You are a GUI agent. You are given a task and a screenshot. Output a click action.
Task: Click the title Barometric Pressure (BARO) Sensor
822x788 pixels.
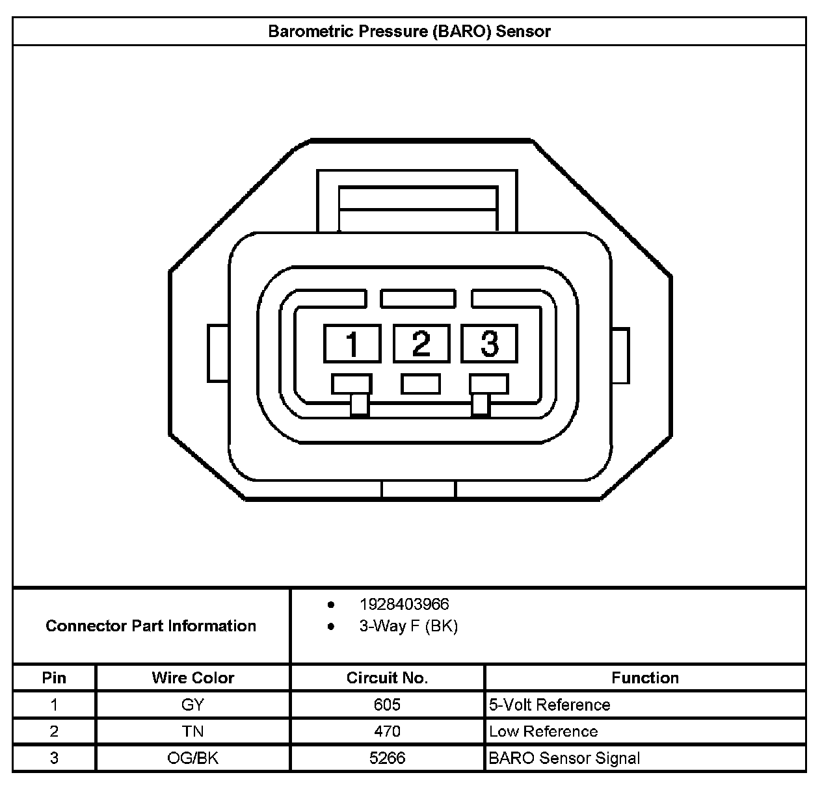(x=409, y=31)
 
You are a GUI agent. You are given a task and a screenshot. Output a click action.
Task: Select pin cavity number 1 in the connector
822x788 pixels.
(x=352, y=343)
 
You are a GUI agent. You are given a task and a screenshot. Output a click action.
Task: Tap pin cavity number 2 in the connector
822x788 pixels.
(x=421, y=343)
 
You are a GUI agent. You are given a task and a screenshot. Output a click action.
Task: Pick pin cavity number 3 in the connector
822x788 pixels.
(x=489, y=343)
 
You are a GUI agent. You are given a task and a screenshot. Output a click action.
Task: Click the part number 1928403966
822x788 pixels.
(x=404, y=604)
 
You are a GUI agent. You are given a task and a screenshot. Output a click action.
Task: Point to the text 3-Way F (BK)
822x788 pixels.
(x=408, y=626)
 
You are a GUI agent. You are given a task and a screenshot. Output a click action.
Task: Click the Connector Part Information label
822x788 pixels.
(x=151, y=626)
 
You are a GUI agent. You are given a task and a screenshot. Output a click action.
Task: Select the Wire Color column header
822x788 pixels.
(x=192, y=677)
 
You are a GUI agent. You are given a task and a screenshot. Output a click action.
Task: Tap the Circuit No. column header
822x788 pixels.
(x=387, y=677)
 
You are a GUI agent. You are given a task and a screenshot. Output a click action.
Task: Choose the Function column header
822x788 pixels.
(x=644, y=677)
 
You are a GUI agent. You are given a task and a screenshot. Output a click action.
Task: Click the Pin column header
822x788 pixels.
(x=54, y=677)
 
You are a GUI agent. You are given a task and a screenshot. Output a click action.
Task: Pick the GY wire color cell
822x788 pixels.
(x=192, y=705)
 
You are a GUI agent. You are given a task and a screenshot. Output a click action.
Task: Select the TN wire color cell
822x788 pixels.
(x=192, y=731)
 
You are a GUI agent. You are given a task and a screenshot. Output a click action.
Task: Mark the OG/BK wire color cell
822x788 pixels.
(x=192, y=758)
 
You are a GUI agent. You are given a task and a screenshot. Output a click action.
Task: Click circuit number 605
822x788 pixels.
(x=387, y=705)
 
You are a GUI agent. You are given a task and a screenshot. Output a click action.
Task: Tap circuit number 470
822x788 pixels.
(x=387, y=731)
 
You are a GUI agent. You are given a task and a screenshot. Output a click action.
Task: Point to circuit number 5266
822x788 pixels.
(x=387, y=758)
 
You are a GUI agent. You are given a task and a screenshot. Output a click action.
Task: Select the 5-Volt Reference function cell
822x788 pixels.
(x=550, y=705)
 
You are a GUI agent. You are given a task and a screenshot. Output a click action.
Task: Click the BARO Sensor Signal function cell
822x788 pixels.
(x=564, y=758)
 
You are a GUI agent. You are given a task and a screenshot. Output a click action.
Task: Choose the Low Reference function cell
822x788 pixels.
(x=543, y=731)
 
